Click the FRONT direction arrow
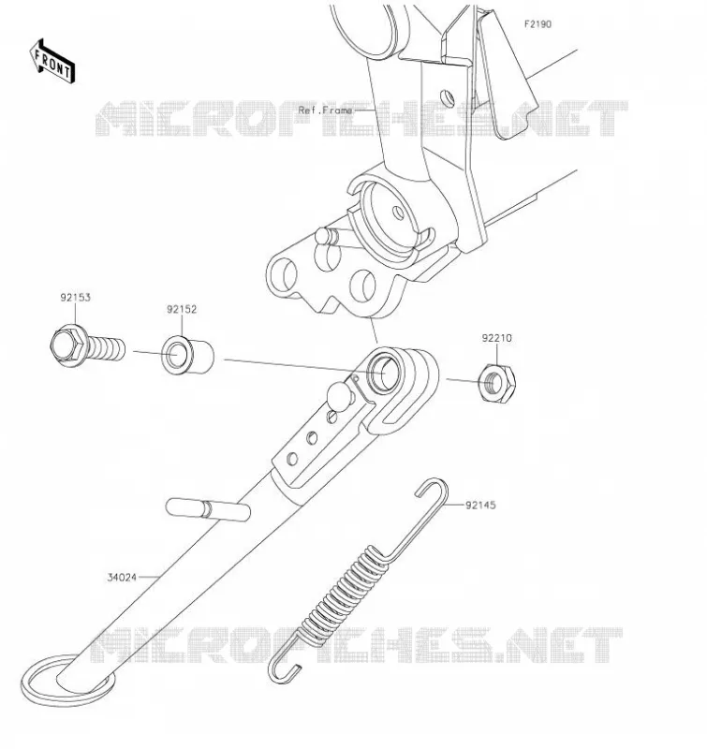[x=52, y=62]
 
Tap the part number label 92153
[x=75, y=297]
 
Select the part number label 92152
[x=182, y=309]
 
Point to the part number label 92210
[x=496, y=338]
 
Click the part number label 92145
[x=480, y=505]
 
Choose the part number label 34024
[x=122, y=577]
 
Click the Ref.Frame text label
[x=325, y=110]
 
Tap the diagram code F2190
[x=538, y=24]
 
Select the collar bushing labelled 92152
[x=187, y=356]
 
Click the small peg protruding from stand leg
[x=208, y=509]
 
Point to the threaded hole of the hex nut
[x=494, y=382]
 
